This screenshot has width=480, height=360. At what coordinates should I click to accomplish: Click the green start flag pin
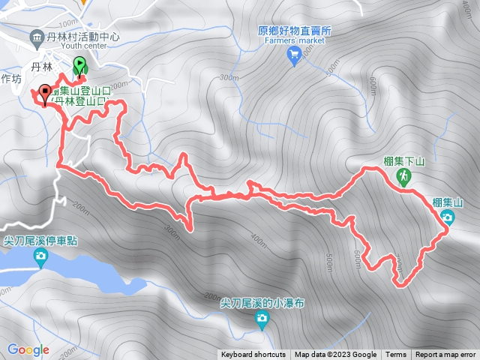(79, 67)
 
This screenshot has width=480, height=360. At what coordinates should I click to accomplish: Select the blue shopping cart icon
(294, 53)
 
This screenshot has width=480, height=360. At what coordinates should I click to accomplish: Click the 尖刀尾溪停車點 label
(40, 241)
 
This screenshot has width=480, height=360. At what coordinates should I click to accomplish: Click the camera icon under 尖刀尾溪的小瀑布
(261, 321)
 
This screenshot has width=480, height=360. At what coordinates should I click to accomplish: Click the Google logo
(28, 349)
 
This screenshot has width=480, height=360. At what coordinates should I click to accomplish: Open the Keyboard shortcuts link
(253, 355)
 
